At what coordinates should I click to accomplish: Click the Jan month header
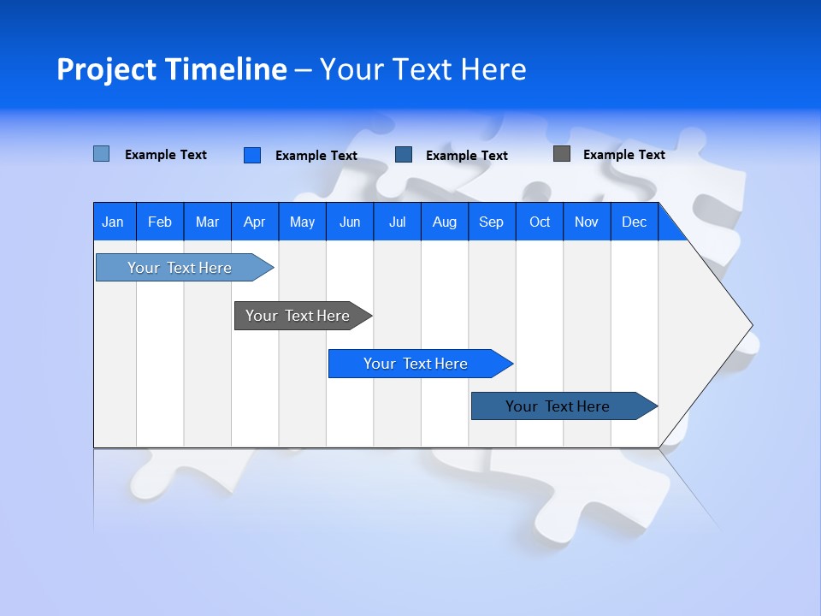[x=113, y=222]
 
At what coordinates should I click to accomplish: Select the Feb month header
[x=160, y=222]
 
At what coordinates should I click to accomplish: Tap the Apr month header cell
[x=254, y=222]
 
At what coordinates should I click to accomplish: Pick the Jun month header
[x=350, y=222]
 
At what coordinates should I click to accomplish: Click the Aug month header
[x=444, y=222]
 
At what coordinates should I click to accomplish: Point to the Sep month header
[x=491, y=222]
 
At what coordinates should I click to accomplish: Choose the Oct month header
[x=540, y=222]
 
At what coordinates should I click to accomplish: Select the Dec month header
[x=634, y=222]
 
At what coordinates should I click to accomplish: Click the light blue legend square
[x=102, y=154]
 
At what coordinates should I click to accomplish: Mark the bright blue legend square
[x=252, y=155]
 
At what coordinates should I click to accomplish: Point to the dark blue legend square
[x=404, y=155]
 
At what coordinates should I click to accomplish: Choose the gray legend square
[x=562, y=154]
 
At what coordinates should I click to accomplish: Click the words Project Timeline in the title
[x=171, y=69]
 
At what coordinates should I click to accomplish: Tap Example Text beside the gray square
[x=623, y=155]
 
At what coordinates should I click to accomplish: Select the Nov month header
[x=587, y=222]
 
